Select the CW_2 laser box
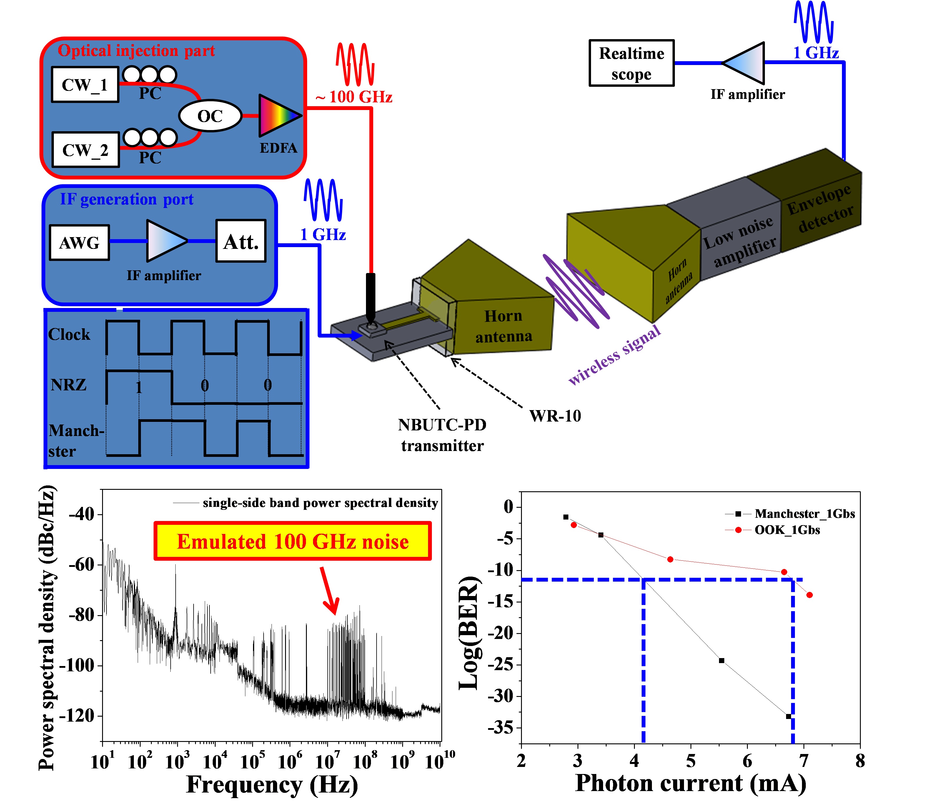[x=86, y=150]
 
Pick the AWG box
[x=79, y=242]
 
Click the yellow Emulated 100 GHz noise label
[x=292, y=541]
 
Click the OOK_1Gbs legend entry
[x=787, y=530]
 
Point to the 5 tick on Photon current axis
[x=691, y=761]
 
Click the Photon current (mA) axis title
[x=690, y=783]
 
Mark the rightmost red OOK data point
[x=810, y=595]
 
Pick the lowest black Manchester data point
[x=788, y=716]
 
